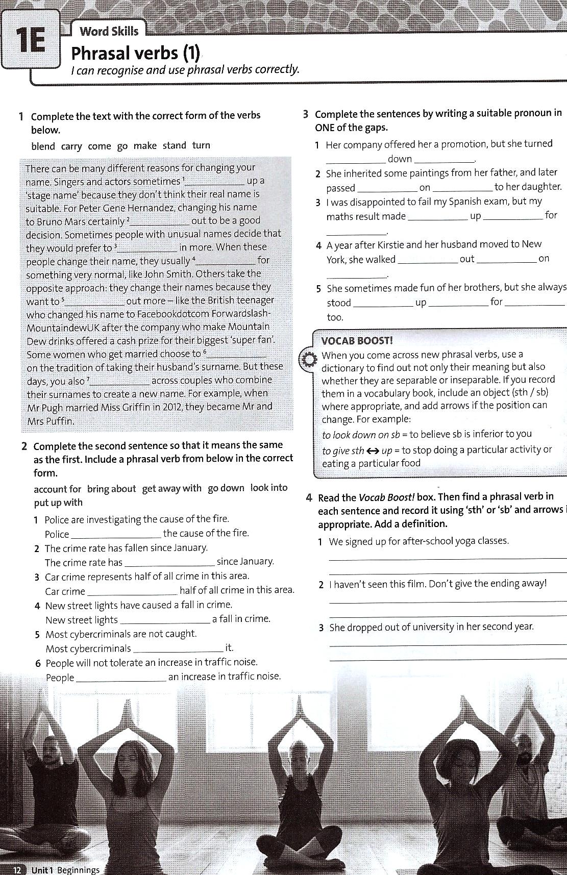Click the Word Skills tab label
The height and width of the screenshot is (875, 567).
[x=109, y=31]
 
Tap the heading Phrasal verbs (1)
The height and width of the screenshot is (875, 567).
[x=135, y=53]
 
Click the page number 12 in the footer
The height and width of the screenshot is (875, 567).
[x=17, y=870]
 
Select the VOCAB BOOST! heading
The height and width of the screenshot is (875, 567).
[x=357, y=340]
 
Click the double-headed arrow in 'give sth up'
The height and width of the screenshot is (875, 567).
[x=373, y=451]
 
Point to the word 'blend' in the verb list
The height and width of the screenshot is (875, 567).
[x=43, y=146]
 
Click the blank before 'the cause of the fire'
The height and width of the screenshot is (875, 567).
[x=116, y=534]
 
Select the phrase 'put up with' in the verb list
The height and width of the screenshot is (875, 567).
[x=58, y=503]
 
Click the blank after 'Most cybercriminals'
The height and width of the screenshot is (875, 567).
[x=178, y=648]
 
